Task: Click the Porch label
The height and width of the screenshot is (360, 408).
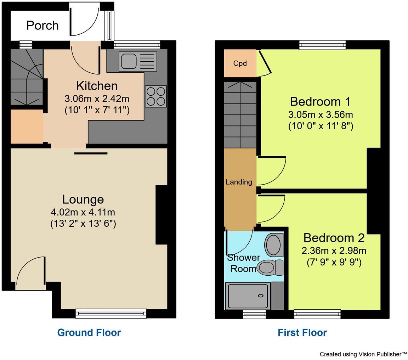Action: [x=42, y=26]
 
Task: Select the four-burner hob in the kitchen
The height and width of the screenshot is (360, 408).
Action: [x=155, y=96]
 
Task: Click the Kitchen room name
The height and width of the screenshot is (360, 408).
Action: [x=97, y=86]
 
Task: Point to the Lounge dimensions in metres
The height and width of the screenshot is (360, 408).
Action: [x=83, y=212]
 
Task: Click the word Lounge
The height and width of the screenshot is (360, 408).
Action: [x=83, y=199]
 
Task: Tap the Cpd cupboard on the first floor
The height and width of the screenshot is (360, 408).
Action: [x=240, y=63]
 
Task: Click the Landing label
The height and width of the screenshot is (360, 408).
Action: [x=239, y=182]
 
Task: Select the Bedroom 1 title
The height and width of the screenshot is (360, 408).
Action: [x=320, y=102]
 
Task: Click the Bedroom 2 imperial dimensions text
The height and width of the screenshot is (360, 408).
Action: [x=334, y=263]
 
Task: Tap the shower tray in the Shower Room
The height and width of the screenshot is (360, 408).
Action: [x=248, y=296]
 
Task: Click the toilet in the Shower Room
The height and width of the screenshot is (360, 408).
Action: [x=270, y=268]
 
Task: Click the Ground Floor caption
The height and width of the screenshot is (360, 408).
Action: [x=89, y=333]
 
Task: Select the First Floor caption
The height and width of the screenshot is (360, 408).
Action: [x=302, y=333]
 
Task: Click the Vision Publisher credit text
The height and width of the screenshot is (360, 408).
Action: [x=363, y=354]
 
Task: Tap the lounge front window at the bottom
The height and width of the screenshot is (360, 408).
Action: [x=111, y=313]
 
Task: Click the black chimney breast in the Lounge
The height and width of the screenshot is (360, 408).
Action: [x=161, y=215]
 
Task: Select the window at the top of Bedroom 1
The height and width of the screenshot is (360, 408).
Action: [x=322, y=45]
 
